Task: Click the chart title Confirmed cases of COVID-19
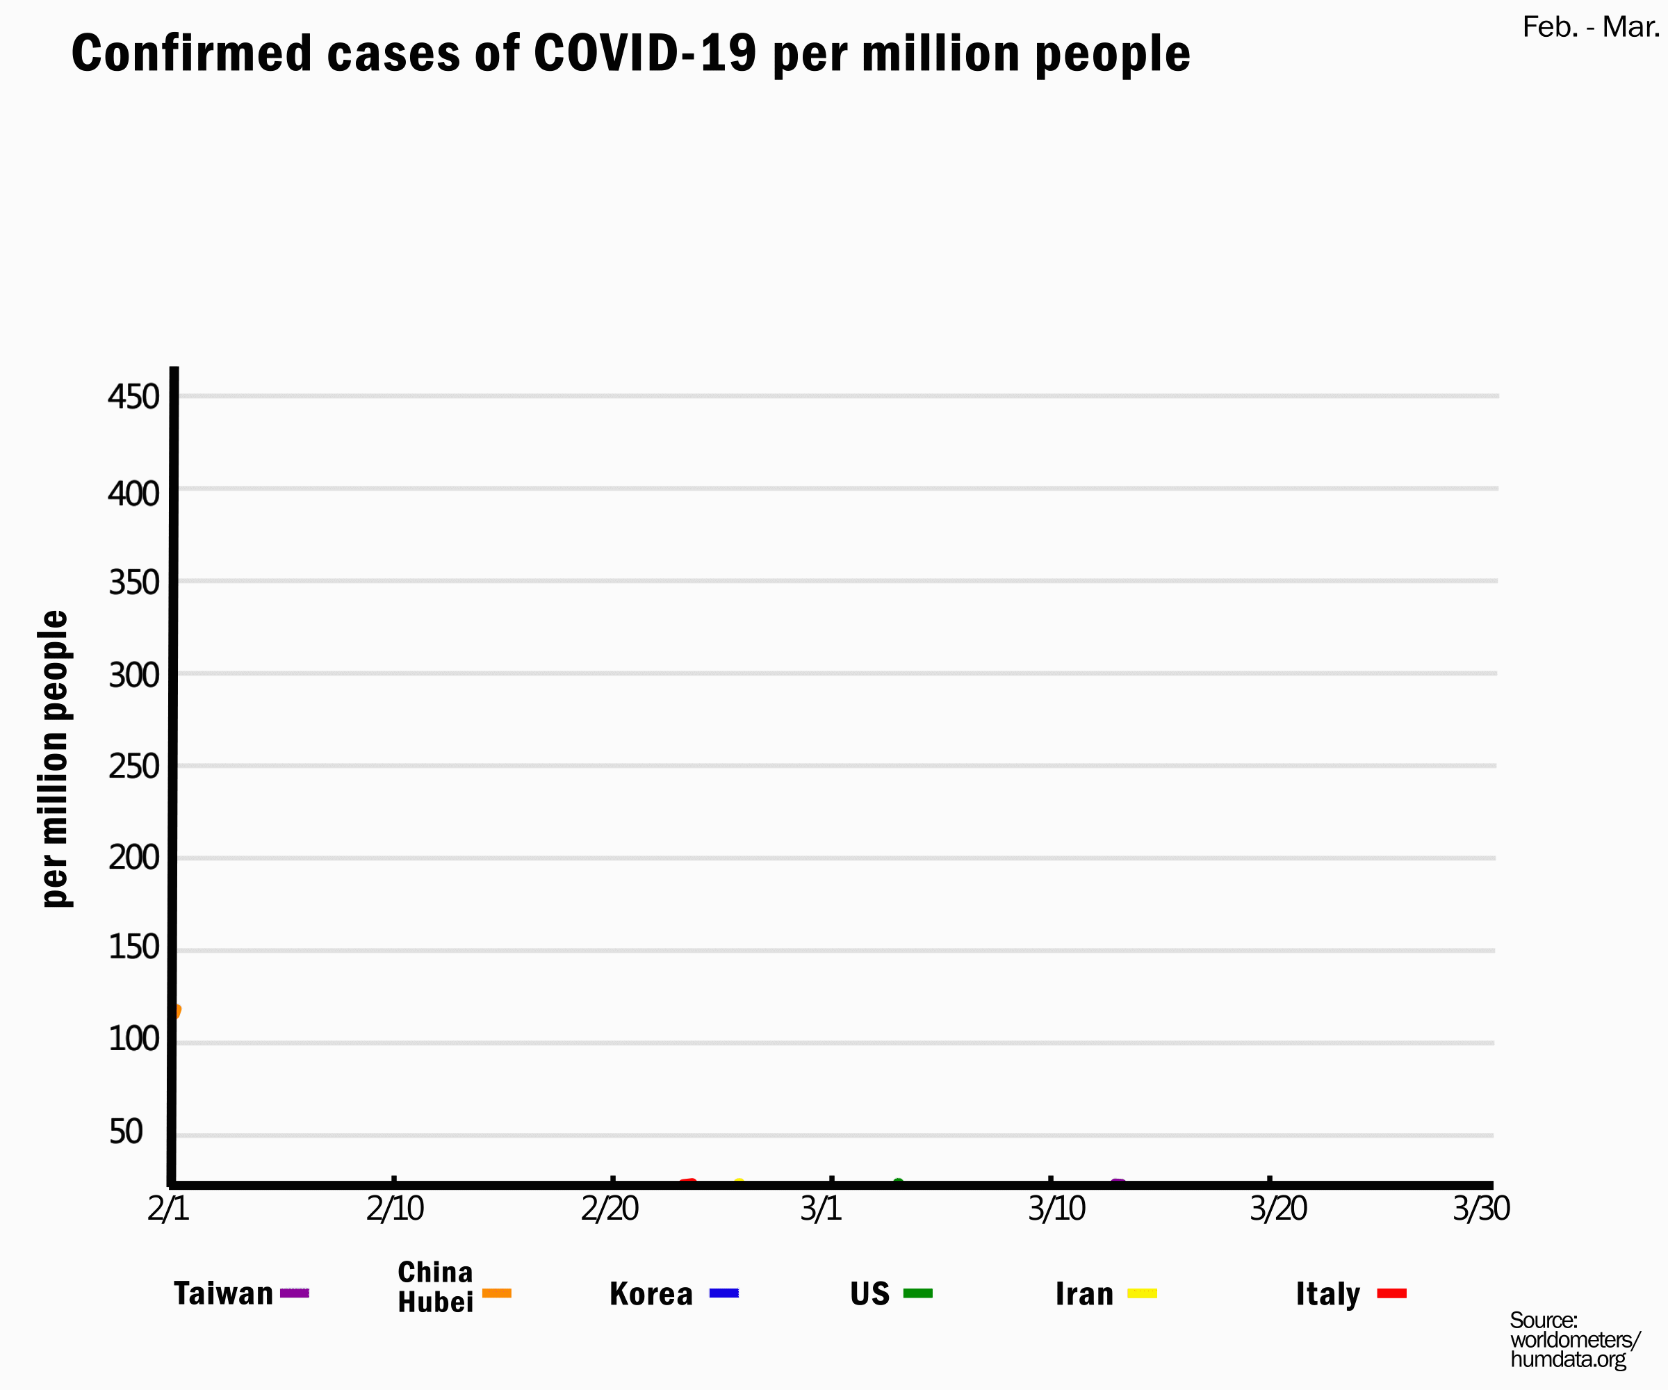(630, 54)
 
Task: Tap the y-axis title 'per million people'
(55, 758)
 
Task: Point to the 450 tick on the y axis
(133, 396)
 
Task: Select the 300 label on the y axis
(133, 675)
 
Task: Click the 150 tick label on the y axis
(133, 947)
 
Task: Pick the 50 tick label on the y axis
(126, 1132)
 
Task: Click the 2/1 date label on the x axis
(168, 1209)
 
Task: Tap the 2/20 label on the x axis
(610, 1209)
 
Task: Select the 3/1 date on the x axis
(821, 1209)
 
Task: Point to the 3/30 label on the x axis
(1481, 1209)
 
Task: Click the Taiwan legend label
(223, 1294)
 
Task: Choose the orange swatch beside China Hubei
(496, 1294)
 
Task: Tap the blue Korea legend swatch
(723, 1294)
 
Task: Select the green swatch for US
(917, 1294)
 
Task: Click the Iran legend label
(1084, 1294)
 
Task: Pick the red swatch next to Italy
(1391, 1294)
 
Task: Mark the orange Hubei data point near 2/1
(176, 1011)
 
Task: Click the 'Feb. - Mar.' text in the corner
(1590, 28)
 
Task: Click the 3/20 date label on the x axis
(1278, 1209)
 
